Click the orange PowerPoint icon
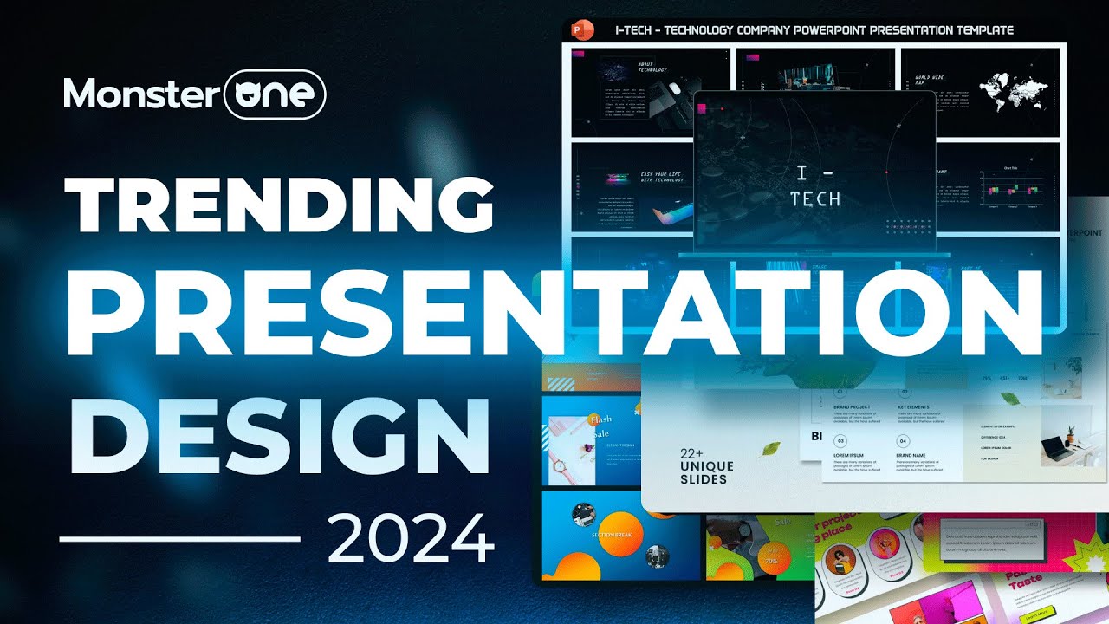pos(583,31)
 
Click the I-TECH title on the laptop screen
pos(815,186)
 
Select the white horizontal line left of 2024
pos(179,539)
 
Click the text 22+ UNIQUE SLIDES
pos(706,466)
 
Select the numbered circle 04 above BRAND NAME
pos(905,440)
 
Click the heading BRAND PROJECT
pos(854,406)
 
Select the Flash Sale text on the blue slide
pos(600,425)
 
